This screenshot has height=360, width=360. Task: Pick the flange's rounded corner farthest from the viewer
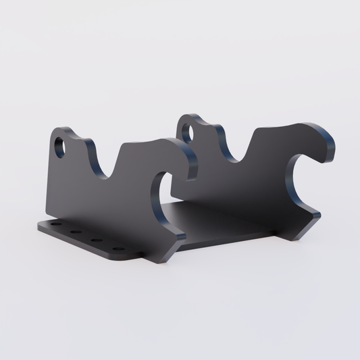40,224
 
